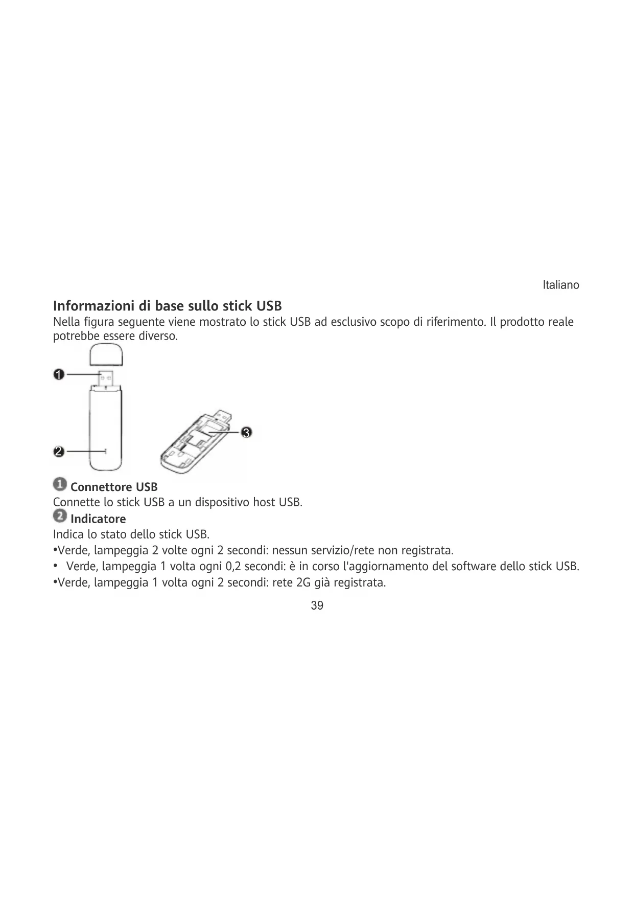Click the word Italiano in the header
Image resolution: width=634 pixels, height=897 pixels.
click(x=560, y=285)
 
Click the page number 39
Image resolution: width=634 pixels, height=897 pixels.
click(x=317, y=606)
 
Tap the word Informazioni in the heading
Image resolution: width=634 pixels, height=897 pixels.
click(x=93, y=306)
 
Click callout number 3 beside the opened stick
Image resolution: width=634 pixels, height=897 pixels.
click(x=246, y=433)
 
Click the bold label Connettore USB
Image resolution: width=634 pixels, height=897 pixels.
click(x=114, y=487)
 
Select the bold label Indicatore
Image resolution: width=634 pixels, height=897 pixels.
click(x=98, y=519)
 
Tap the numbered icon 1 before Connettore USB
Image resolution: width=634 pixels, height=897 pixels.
click(x=60, y=484)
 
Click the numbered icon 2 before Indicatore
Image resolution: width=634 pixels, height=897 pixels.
click(x=60, y=517)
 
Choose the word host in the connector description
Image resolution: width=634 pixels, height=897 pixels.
click(x=264, y=502)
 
